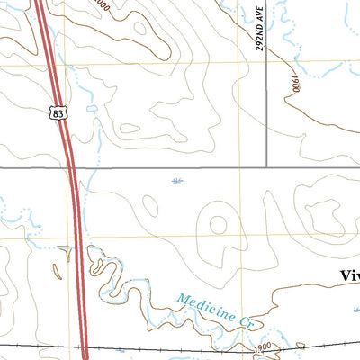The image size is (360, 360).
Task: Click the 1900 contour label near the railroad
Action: tap(262, 346)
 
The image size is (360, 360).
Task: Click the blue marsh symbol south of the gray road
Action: tap(175, 183)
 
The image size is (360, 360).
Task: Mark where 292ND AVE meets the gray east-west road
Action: tap(268, 166)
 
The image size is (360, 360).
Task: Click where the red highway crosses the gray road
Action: tap(72, 167)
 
